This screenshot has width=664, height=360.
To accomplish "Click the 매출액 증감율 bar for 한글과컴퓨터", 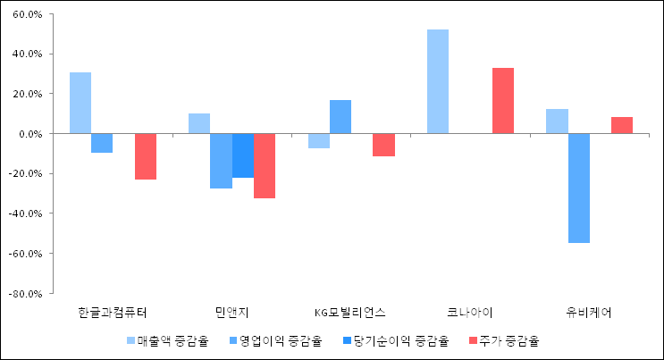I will (x=80, y=103).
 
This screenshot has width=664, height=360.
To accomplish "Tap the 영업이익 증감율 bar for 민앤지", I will (x=221, y=161).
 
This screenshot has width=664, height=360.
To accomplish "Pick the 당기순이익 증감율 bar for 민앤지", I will (x=242, y=155).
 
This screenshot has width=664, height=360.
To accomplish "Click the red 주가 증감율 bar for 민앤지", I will (x=264, y=165).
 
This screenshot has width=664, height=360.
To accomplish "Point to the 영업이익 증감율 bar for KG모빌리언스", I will (x=340, y=116).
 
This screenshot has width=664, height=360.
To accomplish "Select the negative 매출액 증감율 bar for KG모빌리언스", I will (x=319, y=140).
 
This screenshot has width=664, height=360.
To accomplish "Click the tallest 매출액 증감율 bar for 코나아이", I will (x=438, y=81).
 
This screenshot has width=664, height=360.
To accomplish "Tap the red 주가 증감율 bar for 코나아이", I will (x=503, y=100).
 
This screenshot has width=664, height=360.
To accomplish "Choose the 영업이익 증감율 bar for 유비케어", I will (x=579, y=188).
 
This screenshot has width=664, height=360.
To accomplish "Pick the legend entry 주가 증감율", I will (x=505, y=340).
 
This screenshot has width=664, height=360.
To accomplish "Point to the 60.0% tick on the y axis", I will (x=30, y=15).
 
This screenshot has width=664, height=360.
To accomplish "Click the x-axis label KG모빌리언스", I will (x=351, y=312).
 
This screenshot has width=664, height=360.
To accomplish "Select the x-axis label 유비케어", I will (x=590, y=312).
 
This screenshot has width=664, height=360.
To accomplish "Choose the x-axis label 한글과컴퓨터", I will (x=113, y=312).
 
